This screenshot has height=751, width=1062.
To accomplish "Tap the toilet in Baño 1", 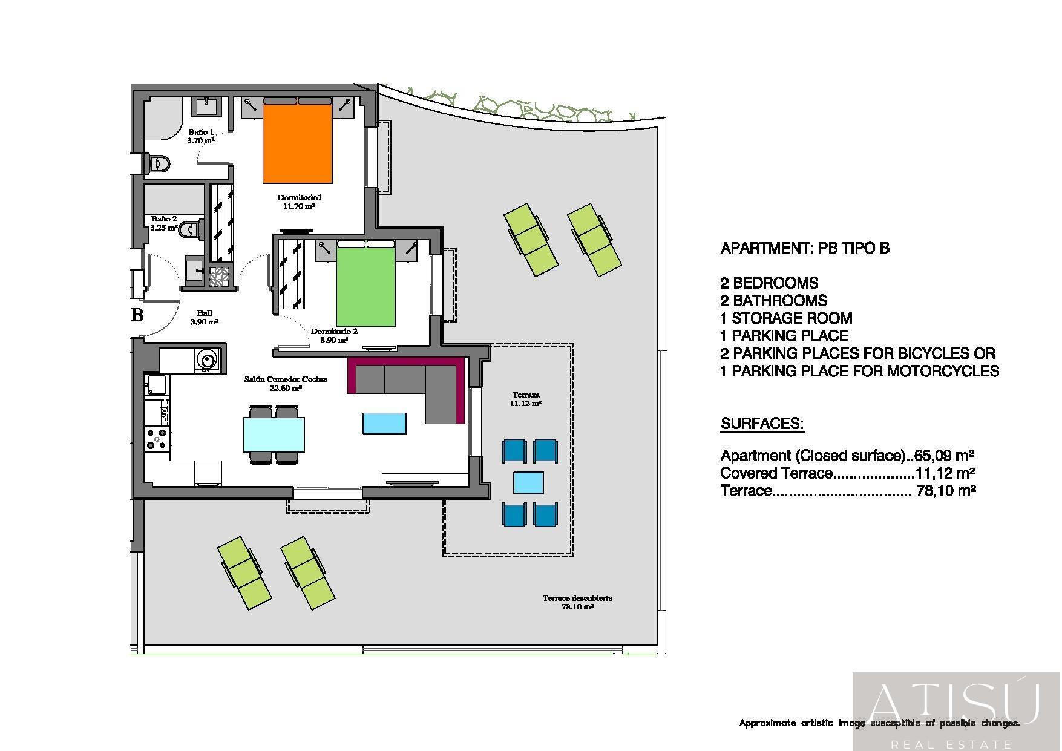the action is pos(158,163).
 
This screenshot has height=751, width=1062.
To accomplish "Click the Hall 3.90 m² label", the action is pos(204,317).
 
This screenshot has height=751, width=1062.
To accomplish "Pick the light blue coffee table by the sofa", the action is pos(384,423).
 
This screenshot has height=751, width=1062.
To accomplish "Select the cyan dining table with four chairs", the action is pos(274,435).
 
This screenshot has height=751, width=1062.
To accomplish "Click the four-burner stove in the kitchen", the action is pos(157,439).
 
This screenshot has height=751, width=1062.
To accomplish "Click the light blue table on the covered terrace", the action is pos(529,483).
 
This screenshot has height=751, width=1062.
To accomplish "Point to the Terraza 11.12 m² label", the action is pos(526,399).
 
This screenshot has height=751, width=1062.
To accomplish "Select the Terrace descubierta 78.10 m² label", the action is pos(577,602).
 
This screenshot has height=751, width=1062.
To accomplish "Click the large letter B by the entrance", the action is pos(138,315).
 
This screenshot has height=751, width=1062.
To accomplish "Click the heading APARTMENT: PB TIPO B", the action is pos(805,248).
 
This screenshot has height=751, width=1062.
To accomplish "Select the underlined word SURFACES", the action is pos(762,424).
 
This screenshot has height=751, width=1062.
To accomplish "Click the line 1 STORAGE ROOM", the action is pos(786,318).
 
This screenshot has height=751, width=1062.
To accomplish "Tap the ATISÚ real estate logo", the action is pos(956,712).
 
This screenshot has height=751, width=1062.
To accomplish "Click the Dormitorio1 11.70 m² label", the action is pos(299,202).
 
